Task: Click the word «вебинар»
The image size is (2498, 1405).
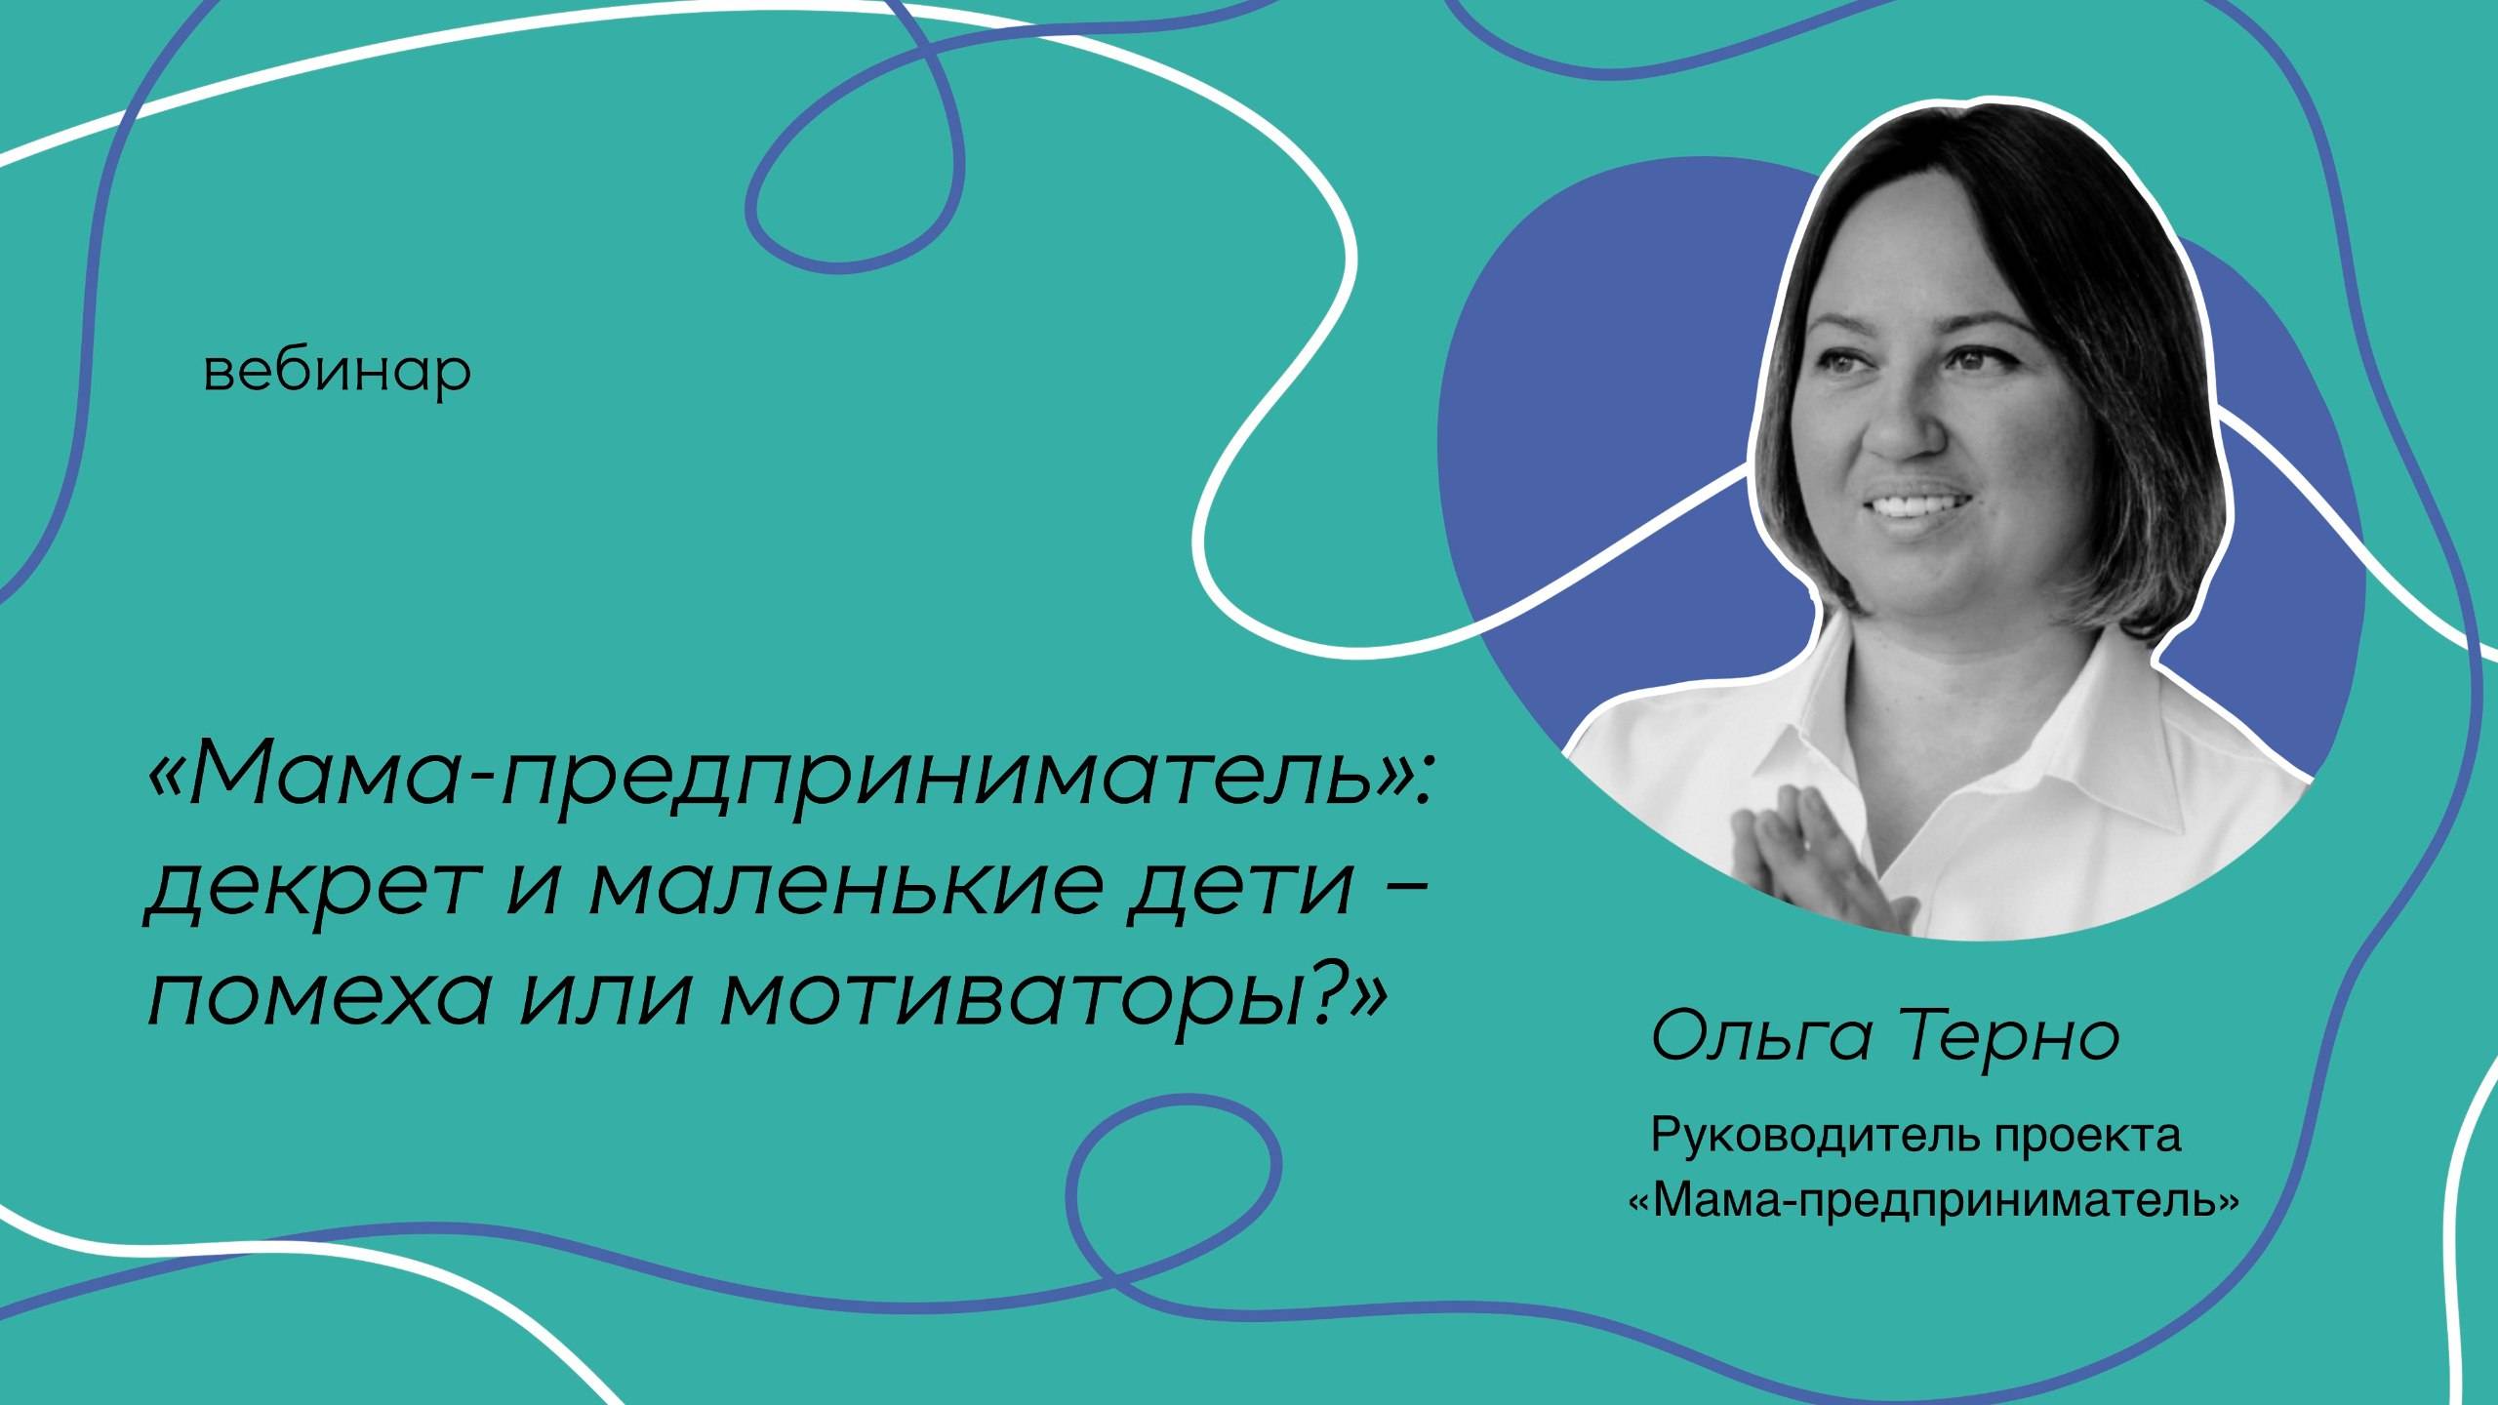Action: (x=337, y=373)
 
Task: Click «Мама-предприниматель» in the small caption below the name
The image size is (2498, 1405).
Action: (x=1932, y=1201)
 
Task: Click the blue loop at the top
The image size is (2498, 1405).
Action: (x=849, y=176)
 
